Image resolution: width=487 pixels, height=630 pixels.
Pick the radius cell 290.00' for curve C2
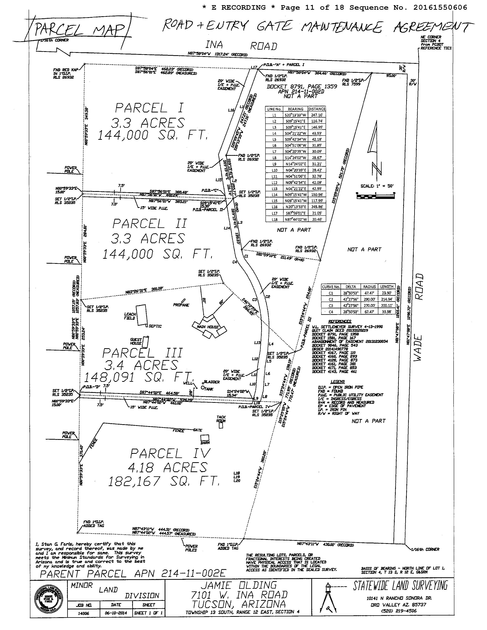click(x=369, y=299)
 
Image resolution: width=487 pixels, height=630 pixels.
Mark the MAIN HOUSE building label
click(x=208, y=327)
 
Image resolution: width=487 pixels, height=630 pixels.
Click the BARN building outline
click(x=205, y=437)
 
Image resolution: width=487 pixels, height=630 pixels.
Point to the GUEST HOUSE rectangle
click(x=146, y=342)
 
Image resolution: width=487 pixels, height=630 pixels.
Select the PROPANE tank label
click(x=181, y=305)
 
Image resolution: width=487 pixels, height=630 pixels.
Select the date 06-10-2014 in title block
click(x=116, y=613)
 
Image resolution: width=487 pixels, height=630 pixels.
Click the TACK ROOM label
click(x=221, y=419)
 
